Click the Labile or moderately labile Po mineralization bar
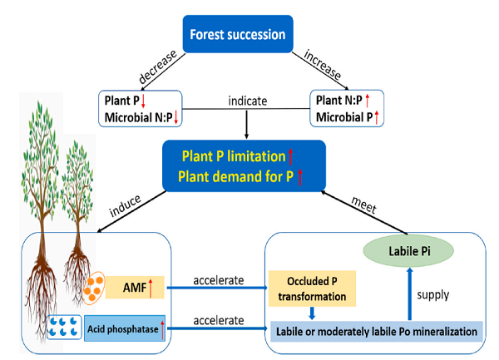point(378,331)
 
